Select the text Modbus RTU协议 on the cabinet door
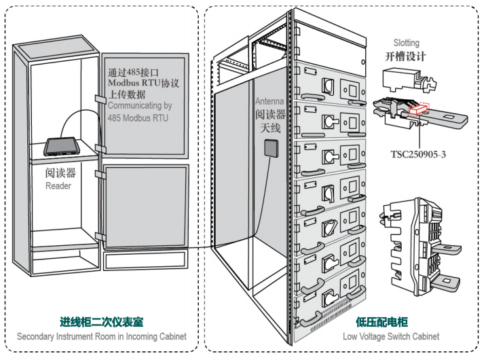coord(146,83)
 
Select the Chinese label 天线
coord(267,127)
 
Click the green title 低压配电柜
coord(379,323)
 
